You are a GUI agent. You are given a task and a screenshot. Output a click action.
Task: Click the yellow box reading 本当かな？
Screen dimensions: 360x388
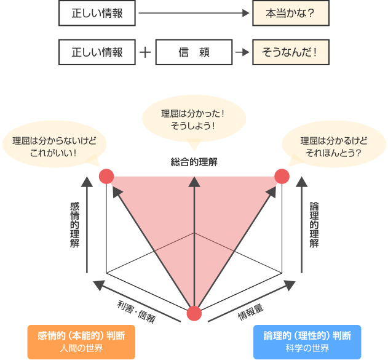(291, 14)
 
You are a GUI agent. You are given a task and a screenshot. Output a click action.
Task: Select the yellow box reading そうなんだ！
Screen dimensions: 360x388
(291, 52)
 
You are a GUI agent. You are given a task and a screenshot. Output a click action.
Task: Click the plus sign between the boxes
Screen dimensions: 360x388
(146, 52)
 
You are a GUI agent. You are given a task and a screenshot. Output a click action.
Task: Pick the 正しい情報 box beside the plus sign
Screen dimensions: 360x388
(97, 52)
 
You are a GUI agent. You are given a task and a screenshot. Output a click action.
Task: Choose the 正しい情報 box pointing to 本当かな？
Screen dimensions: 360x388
(97, 14)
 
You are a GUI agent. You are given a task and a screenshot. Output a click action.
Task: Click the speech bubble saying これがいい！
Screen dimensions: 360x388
(53, 145)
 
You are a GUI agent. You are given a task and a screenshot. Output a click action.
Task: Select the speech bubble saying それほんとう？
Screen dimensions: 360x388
(331, 146)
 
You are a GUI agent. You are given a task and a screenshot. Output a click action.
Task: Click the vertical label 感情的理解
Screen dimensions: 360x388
(75, 225)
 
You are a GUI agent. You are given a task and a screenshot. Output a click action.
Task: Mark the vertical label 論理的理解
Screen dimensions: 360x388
(314, 225)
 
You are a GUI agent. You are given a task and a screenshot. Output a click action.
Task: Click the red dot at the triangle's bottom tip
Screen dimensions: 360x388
(194, 313)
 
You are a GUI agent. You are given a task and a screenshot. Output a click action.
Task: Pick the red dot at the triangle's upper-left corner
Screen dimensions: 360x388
(106, 177)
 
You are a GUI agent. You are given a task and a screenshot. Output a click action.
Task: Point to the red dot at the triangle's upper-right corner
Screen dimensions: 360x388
(282, 177)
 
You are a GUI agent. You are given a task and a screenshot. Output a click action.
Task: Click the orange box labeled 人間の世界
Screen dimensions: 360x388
(81, 342)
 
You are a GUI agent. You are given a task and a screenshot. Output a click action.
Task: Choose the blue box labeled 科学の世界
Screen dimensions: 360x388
(307, 342)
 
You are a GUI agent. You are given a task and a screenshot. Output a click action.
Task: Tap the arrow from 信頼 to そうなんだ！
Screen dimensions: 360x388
(242, 52)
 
